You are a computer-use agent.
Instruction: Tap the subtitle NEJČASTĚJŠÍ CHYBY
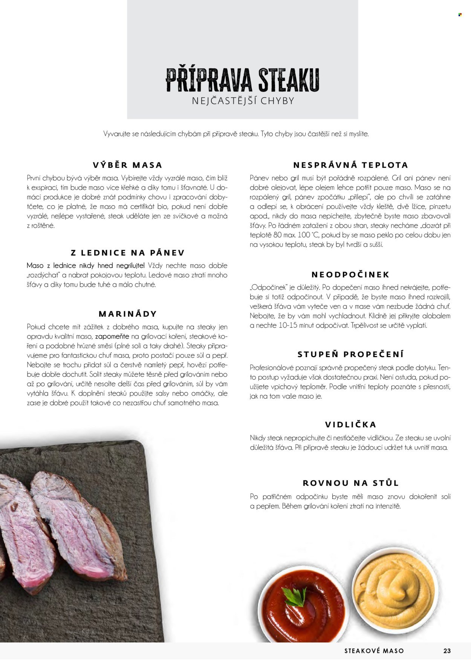click(243, 101)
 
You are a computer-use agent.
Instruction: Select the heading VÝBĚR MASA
click(127, 165)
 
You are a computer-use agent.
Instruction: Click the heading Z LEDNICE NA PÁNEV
click(128, 253)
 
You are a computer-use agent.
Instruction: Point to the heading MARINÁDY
click(127, 314)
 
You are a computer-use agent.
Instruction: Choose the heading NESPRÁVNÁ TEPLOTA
click(350, 165)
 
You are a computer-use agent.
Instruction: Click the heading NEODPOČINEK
click(350, 275)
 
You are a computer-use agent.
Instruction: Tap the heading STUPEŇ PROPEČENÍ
click(350, 354)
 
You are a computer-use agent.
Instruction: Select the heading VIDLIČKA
click(350, 425)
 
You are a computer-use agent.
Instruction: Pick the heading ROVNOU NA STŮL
click(350, 483)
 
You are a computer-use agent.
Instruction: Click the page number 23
click(447, 651)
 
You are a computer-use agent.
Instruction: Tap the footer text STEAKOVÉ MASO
click(374, 651)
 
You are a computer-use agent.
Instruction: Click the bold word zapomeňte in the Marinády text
click(112, 336)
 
